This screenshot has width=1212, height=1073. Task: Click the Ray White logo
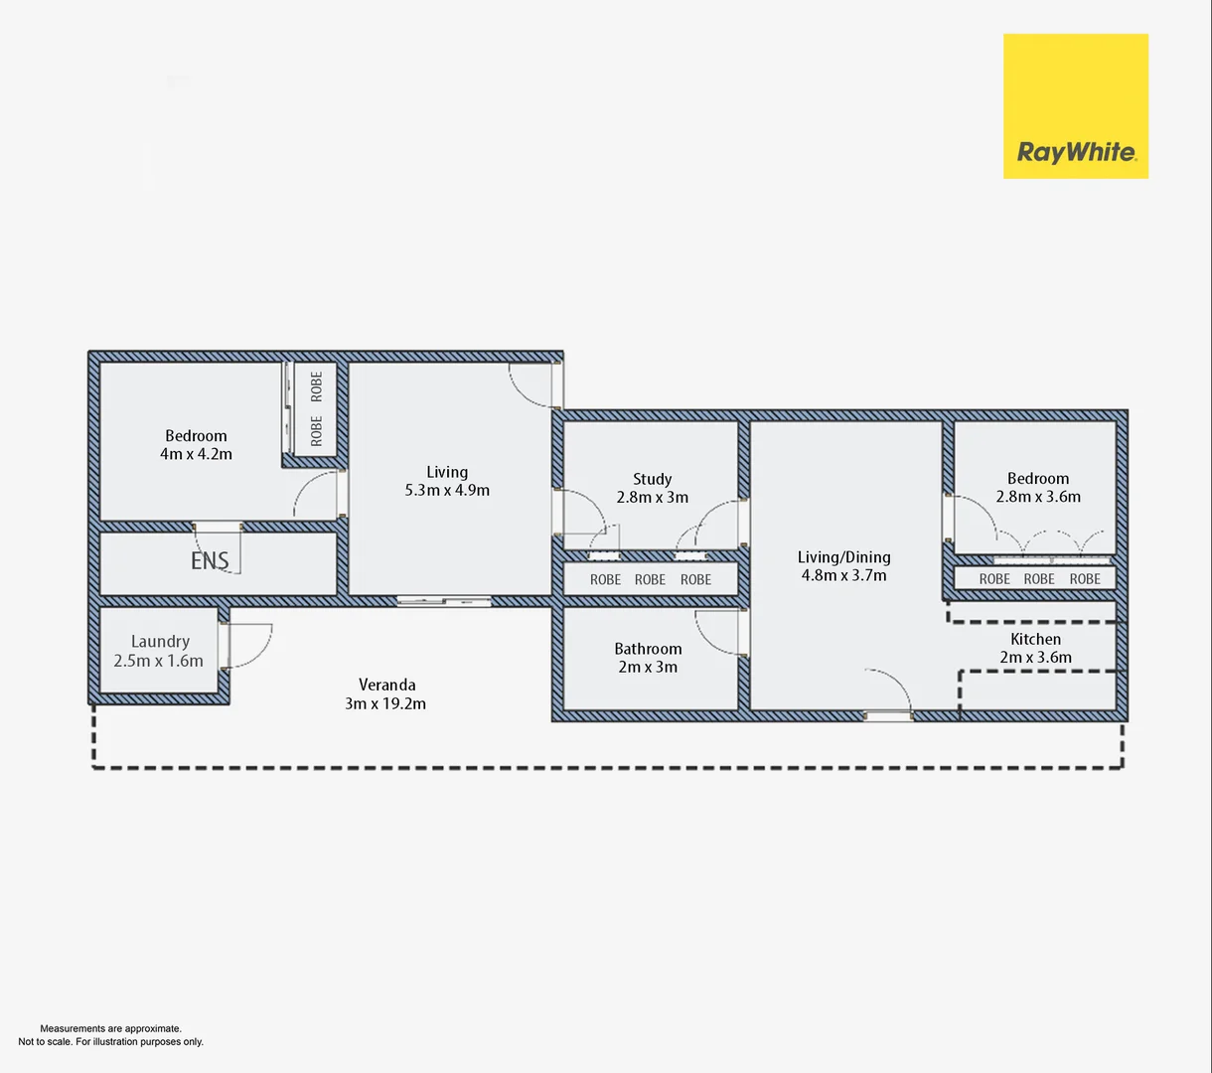tap(1075, 106)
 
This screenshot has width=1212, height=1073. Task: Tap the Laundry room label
tap(160, 642)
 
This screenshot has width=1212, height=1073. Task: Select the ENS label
tap(210, 561)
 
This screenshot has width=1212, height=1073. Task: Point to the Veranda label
tap(387, 685)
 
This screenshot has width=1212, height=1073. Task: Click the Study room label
tap(652, 479)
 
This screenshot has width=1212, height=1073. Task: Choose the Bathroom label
tap(648, 649)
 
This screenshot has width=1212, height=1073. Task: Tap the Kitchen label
tap(1035, 639)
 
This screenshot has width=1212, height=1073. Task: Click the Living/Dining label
tap(843, 557)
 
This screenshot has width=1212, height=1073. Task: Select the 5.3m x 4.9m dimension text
tap(447, 490)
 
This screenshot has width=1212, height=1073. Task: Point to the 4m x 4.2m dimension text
tap(196, 454)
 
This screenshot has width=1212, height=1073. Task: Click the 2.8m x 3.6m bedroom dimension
tap(1038, 497)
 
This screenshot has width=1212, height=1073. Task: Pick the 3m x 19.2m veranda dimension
tap(387, 703)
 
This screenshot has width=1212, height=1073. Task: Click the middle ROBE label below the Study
tap(650, 579)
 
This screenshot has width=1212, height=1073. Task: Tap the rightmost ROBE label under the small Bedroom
tap(1085, 579)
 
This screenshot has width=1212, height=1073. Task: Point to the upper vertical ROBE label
tap(317, 385)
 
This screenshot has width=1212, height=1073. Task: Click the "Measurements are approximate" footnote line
tap(110, 1028)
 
